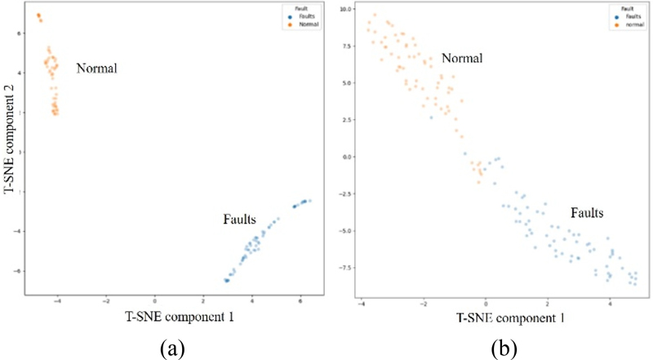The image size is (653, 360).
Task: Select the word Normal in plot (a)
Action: tap(97, 69)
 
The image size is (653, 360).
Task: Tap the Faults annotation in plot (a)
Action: tap(241, 220)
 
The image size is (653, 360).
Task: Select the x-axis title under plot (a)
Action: tap(180, 314)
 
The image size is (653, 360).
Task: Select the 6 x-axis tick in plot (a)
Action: tap(301, 300)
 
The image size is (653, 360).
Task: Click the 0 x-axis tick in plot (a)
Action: tap(155, 300)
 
